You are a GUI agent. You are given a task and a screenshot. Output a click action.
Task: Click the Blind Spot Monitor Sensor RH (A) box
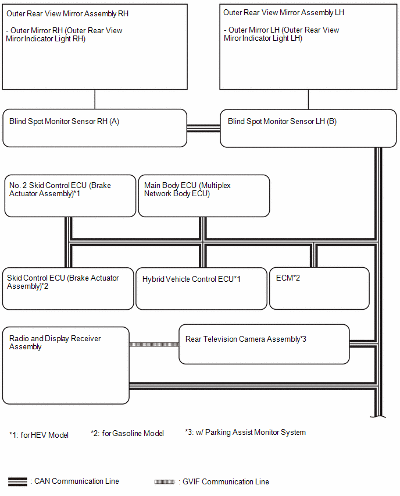95,128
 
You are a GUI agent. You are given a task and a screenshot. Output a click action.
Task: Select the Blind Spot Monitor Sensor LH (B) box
308,129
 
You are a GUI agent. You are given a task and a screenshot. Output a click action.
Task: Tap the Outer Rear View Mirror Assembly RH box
95,47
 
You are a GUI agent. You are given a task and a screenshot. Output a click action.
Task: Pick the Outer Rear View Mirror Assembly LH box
308,47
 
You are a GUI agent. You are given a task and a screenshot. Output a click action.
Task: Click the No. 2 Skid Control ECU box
70,196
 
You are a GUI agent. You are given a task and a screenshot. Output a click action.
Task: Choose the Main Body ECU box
204,196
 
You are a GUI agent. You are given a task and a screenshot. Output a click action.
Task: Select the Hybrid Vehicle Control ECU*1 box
201,289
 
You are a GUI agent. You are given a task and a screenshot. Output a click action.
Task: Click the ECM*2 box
319,289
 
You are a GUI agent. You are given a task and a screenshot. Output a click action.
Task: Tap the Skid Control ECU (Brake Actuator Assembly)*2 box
68,289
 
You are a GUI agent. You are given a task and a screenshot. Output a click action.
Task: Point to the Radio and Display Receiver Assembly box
66,366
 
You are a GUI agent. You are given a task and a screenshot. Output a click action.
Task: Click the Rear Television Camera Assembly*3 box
264,344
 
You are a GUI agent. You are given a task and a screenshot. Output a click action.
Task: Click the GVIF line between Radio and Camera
154,345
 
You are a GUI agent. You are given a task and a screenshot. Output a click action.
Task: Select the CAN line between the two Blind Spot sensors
203,128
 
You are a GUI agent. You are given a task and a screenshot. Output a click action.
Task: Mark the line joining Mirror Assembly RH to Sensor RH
95,100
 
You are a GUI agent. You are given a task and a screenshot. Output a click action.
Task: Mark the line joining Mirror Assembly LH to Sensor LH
308,100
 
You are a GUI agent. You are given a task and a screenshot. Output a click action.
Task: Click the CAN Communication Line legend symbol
17,481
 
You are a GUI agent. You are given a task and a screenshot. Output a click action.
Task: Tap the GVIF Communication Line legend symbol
165,482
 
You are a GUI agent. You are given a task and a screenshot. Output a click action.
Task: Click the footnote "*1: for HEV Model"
39,435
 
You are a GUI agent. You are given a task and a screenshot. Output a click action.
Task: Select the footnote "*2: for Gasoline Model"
127,433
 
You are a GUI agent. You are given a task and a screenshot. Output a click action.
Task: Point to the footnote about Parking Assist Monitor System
245,433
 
